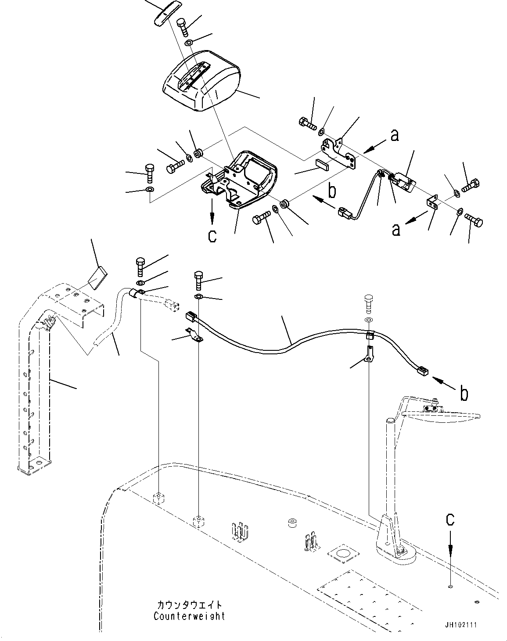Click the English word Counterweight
click(x=189, y=616)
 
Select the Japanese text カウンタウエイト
click(x=190, y=605)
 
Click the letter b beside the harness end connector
click(x=464, y=393)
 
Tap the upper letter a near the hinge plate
click(x=394, y=136)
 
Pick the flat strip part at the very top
click(x=167, y=14)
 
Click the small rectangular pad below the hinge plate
click(x=322, y=164)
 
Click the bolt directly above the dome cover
click(x=182, y=27)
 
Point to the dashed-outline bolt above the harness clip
click(x=368, y=304)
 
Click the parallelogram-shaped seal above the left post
click(x=97, y=278)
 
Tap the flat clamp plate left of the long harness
click(x=194, y=335)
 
